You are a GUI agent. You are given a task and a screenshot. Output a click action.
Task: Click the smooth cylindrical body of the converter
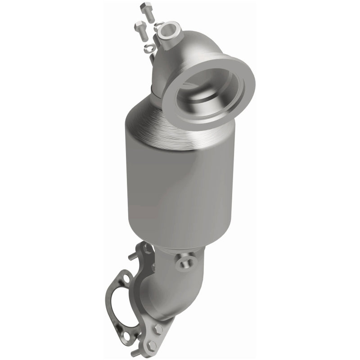click(x=180, y=180)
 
